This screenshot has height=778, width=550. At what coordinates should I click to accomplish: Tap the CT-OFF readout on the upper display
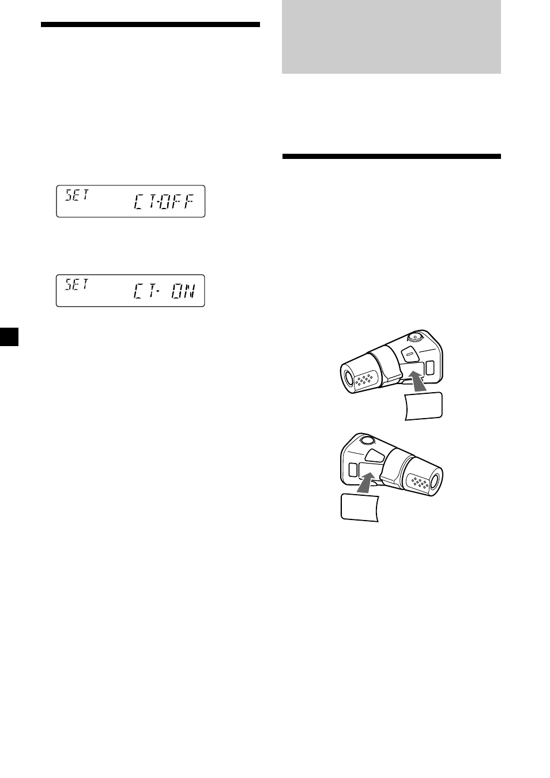click(x=163, y=202)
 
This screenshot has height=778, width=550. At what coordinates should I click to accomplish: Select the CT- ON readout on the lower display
click(x=164, y=291)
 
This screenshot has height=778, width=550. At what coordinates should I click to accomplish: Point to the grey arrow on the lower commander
click(x=367, y=482)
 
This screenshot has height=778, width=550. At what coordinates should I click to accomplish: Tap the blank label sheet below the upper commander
click(x=423, y=407)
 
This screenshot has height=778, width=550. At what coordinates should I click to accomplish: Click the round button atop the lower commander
click(x=368, y=441)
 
